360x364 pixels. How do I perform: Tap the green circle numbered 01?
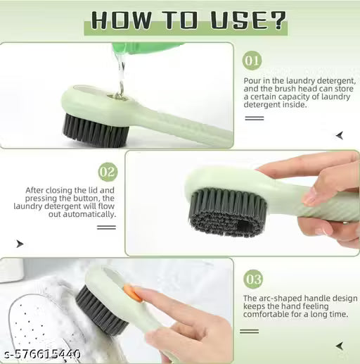[x=252, y=61]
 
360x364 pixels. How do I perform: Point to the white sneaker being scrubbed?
[x=42, y=310]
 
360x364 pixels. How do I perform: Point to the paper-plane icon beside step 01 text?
[x=340, y=135]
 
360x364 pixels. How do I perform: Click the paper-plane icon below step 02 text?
[x=19, y=244]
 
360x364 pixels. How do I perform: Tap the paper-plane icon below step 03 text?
[x=340, y=346]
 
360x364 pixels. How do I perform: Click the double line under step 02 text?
[x=106, y=227]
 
